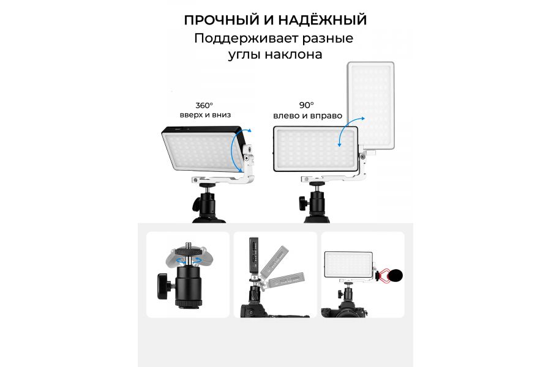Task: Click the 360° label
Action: (x=204, y=105)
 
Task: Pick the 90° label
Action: (x=307, y=105)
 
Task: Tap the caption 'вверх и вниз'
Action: (x=205, y=115)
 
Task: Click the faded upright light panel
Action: (x=371, y=105)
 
